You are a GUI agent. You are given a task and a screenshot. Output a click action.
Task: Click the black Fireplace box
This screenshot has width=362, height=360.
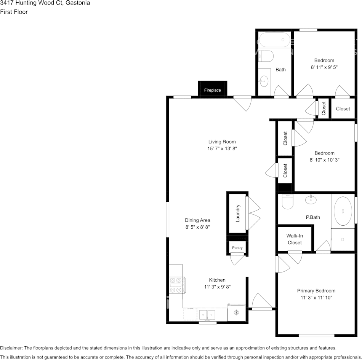click(212, 88)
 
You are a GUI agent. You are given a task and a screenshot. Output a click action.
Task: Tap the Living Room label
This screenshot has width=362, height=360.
click(222, 142)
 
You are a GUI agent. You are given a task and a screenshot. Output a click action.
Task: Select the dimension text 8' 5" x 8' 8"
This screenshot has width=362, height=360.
click(197, 227)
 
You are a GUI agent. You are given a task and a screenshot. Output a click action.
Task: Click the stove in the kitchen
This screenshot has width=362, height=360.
click(177, 285)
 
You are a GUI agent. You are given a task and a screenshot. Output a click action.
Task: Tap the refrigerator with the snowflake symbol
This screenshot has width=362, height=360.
click(236, 312)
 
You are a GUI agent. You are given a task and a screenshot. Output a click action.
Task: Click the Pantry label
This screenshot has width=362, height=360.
click(237, 248)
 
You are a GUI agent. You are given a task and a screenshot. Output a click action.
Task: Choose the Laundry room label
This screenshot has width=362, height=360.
click(237, 213)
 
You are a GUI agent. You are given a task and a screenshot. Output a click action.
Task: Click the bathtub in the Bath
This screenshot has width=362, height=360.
click(274, 40)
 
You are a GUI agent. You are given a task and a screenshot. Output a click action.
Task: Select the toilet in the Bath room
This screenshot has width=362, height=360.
click(266, 56)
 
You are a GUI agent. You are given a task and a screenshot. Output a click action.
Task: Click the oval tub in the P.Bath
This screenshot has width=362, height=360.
click(343, 211)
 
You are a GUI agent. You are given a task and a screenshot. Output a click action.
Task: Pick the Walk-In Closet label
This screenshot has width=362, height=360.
click(295, 239)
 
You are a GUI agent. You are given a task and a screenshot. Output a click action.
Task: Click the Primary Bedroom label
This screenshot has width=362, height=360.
click(316, 291)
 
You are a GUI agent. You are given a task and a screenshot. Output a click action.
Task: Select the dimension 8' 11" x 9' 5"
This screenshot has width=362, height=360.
click(324, 67)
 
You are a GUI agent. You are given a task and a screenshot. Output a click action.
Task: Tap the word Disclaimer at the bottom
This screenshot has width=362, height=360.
click(11, 348)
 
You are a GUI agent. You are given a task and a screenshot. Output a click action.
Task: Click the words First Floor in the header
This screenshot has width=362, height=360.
click(14, 12)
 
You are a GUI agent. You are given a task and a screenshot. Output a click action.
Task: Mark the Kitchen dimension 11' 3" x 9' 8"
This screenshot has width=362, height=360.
click(217, 287)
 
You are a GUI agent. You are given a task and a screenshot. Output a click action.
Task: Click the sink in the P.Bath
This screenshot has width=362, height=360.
click(311, 199)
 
